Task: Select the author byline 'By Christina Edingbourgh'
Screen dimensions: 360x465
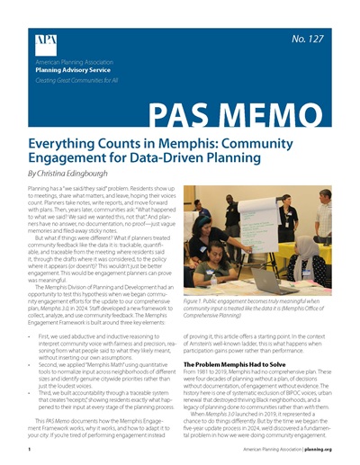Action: pos(78,172)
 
